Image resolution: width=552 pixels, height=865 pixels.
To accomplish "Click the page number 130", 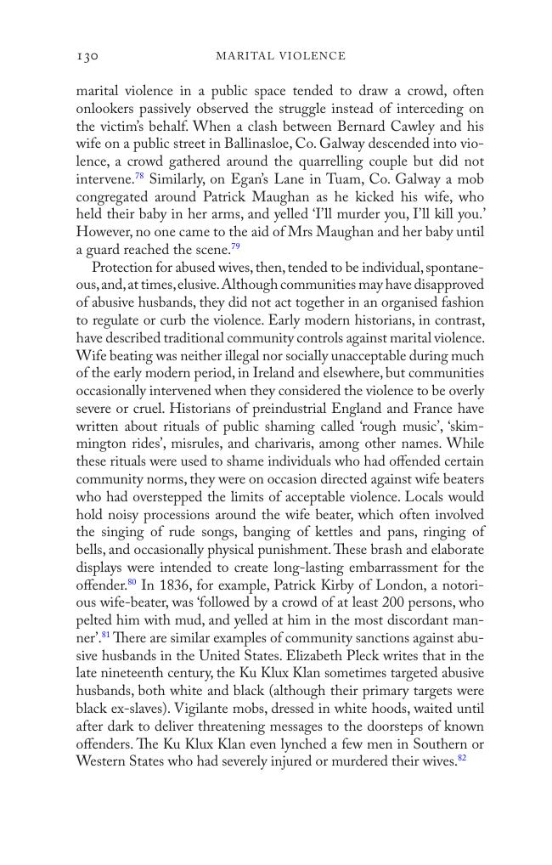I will click(x=87, y=56).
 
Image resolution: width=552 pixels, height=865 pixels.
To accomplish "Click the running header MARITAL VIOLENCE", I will click(x=280, y=56).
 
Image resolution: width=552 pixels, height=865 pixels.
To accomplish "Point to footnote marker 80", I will click(x=132, y=582).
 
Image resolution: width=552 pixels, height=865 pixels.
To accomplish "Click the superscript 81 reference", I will click(x=106, y=636).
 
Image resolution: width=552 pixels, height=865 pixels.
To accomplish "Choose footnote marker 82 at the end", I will click(x=462, y=759).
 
